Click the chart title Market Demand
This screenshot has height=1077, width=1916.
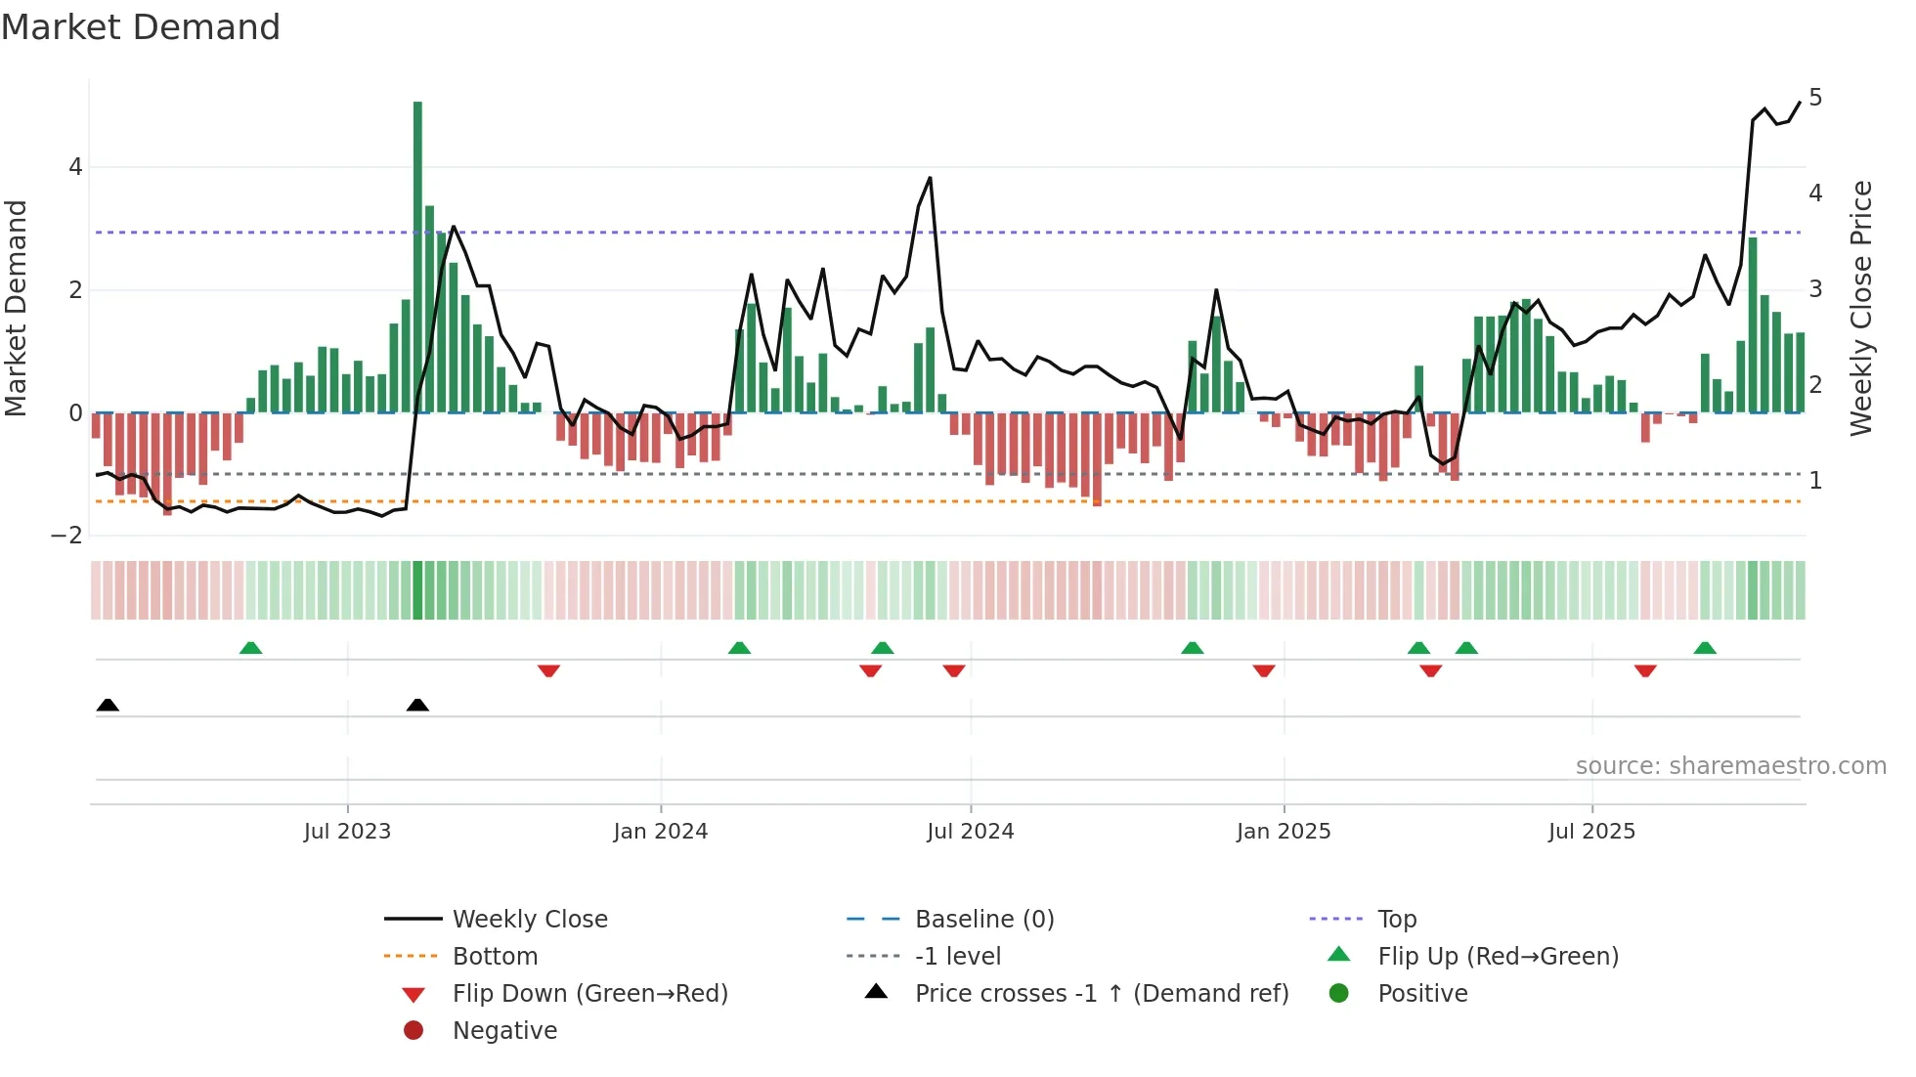click(x=141, y=27)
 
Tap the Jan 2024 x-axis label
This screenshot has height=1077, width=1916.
click(x=660, y=832)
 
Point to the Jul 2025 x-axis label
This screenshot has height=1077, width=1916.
click(x=1591, y=832)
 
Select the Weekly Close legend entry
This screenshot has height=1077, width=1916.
click(x=529, y=920)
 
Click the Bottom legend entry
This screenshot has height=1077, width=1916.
click(x=495, y=957)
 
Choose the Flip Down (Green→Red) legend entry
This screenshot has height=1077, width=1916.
click(x=589, y=994)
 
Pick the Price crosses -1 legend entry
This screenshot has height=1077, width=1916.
click(x=1101, y=994)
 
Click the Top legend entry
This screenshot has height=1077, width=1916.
click(x=1397, y=920)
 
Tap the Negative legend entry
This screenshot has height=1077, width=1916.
click(x=504, y=1031)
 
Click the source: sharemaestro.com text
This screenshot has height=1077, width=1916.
click(x=1730, y=766)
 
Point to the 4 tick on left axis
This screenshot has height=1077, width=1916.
click(x=75, y=167)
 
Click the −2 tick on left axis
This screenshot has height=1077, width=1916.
click(x=67, y=536)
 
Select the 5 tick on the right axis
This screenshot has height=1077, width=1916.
click(x=1815, y=98)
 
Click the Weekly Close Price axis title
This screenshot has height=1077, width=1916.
click(x=1861, y=308)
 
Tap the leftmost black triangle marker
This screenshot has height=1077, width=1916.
click(x=108, y=705)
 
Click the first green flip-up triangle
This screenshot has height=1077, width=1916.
click(x=250, y=648)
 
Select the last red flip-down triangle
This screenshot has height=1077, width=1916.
click(x=1645, y=671)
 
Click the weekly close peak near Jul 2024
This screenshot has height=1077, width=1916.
click(x=930, y=178)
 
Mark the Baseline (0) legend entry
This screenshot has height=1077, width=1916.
click(x=983, y=920)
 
